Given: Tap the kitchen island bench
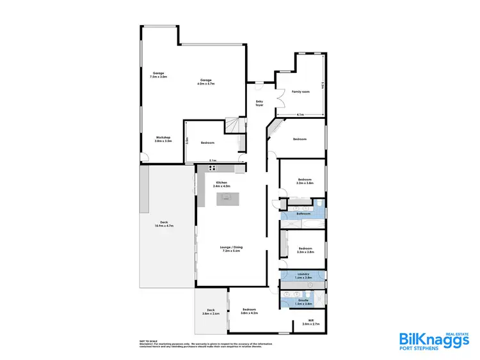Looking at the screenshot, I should pos(225,200).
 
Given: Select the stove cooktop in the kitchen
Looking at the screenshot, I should pos(212,168).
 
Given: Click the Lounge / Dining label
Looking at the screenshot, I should pos(232,249).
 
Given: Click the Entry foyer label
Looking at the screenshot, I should pos(260,103).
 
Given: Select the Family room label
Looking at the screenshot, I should pos(301,92).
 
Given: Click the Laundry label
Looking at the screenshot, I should pos(303,276).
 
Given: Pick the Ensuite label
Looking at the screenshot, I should pos(303,301).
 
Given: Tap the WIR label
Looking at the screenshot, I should pos(310,322).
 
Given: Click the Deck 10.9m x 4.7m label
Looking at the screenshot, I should pos(164,224).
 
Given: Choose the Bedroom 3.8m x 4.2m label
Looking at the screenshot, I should pos(248,311).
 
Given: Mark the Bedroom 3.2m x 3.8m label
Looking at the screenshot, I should pos(304,182).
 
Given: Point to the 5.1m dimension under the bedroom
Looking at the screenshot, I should pos(212,160).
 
